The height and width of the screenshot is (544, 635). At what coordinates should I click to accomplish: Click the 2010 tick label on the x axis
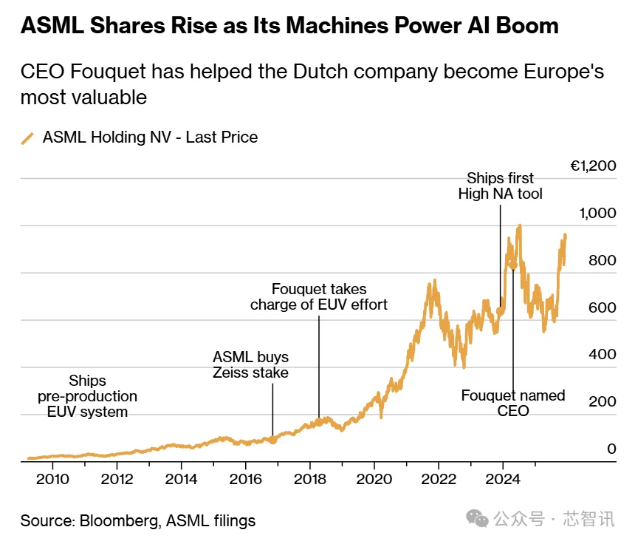pos(52,478)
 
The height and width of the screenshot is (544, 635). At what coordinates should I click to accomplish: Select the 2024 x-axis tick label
pos(503,478)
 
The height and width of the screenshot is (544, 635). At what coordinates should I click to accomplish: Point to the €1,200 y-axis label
pos(593,166)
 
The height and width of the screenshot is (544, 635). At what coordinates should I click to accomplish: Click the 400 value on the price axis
pos(602,354)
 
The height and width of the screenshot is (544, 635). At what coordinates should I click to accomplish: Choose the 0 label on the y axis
pos(611,448)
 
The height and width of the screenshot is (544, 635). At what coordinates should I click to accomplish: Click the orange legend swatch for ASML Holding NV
pos(28,137)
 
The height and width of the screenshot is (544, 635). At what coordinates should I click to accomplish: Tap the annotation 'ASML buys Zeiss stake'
pos(250,364)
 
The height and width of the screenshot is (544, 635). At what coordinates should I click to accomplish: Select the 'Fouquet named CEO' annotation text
pos(513,403)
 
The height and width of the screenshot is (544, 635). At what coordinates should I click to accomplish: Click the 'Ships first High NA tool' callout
pos(500,186)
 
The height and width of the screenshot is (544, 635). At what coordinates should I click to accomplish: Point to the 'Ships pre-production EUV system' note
pos(88,396)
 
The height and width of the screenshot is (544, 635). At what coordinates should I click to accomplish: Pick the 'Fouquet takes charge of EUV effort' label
pos(319,296)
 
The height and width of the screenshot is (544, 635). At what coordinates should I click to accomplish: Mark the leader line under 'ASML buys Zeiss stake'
pos(272,409)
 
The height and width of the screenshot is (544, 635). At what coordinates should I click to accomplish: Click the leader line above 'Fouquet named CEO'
pos(512,325)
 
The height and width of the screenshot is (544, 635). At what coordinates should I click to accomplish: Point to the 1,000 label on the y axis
pos(598,214)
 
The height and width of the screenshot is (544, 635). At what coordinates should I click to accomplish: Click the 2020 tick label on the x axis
pos(374,478)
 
